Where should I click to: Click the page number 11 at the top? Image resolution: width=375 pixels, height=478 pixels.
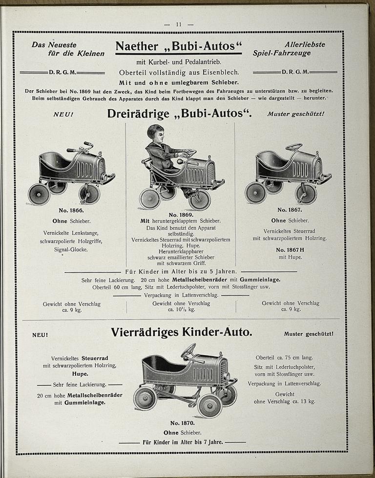179,24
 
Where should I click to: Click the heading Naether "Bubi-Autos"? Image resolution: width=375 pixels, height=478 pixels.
179,46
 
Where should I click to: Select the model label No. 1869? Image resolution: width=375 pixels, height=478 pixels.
180,215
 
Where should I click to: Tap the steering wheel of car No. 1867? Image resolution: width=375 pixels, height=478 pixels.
294,146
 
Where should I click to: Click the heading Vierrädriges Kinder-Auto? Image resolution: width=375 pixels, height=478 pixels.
181,333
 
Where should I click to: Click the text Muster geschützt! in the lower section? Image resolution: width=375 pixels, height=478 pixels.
308,334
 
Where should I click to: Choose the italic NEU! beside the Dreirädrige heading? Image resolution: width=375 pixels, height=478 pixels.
62,115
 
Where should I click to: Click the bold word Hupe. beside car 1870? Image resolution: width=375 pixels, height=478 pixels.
80,374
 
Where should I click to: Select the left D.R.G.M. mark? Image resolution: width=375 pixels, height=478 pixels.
62,72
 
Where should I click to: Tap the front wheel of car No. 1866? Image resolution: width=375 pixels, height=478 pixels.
89,193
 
